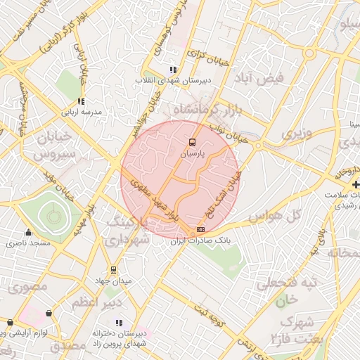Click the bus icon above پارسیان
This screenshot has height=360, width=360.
point(193,141)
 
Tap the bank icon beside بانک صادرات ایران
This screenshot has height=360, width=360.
point(201,229)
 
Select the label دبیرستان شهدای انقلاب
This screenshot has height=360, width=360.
point(172,81)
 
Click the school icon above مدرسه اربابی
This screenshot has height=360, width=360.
point(82,101)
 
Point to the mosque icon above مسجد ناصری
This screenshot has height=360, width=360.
point(28,233)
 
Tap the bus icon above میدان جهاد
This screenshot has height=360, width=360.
point(113,270)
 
